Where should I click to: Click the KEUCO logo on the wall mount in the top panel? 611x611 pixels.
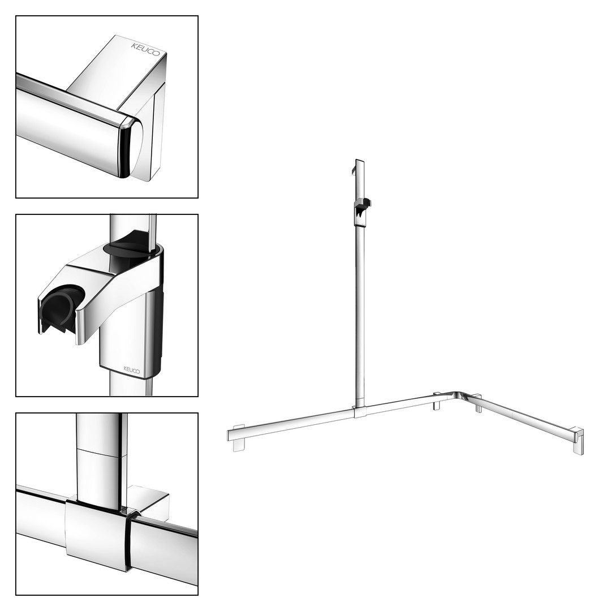pos(145,49)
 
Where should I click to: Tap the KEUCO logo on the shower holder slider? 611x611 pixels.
pos(132,369)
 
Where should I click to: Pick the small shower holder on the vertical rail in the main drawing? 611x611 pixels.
pos(362,212)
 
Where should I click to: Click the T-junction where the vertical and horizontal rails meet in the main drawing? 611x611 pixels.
pos(359,411)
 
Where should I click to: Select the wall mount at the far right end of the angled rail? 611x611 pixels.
pos(578,441)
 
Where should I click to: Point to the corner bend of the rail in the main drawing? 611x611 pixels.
pos(458,395)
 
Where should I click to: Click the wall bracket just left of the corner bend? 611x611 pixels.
pos(437,401)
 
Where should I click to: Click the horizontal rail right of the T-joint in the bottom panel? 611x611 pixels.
pos(163,548)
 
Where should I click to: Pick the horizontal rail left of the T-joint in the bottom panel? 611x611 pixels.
pos(41,514)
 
